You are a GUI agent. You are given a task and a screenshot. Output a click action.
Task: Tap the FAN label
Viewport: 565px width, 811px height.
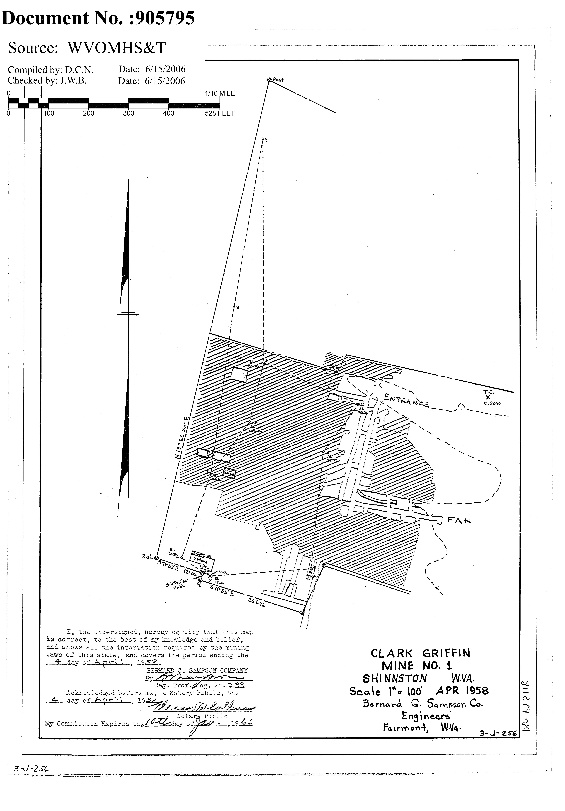459,520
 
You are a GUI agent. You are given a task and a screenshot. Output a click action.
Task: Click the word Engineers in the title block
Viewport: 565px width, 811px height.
425,716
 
